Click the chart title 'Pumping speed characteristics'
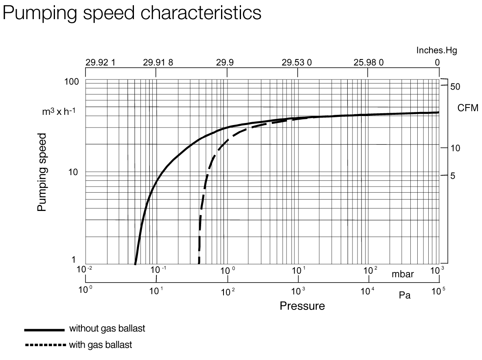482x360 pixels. (132, 13)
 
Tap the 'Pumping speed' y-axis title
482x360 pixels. (42, 171)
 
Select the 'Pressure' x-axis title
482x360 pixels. (302, 306)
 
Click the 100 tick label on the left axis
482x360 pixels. (71, 82)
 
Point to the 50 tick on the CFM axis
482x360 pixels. (456, 86)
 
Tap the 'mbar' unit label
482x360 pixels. (403, 274)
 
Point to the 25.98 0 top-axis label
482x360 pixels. (368, 62)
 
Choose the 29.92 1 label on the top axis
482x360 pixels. (100, 62)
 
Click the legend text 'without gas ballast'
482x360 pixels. (107, 329)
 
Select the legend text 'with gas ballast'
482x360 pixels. (101, 345)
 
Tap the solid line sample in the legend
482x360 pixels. (45, 329)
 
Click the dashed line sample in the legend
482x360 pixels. (45, 345)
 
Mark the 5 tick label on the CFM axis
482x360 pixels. (453, 176)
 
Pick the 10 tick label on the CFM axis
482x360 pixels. (455, 148)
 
